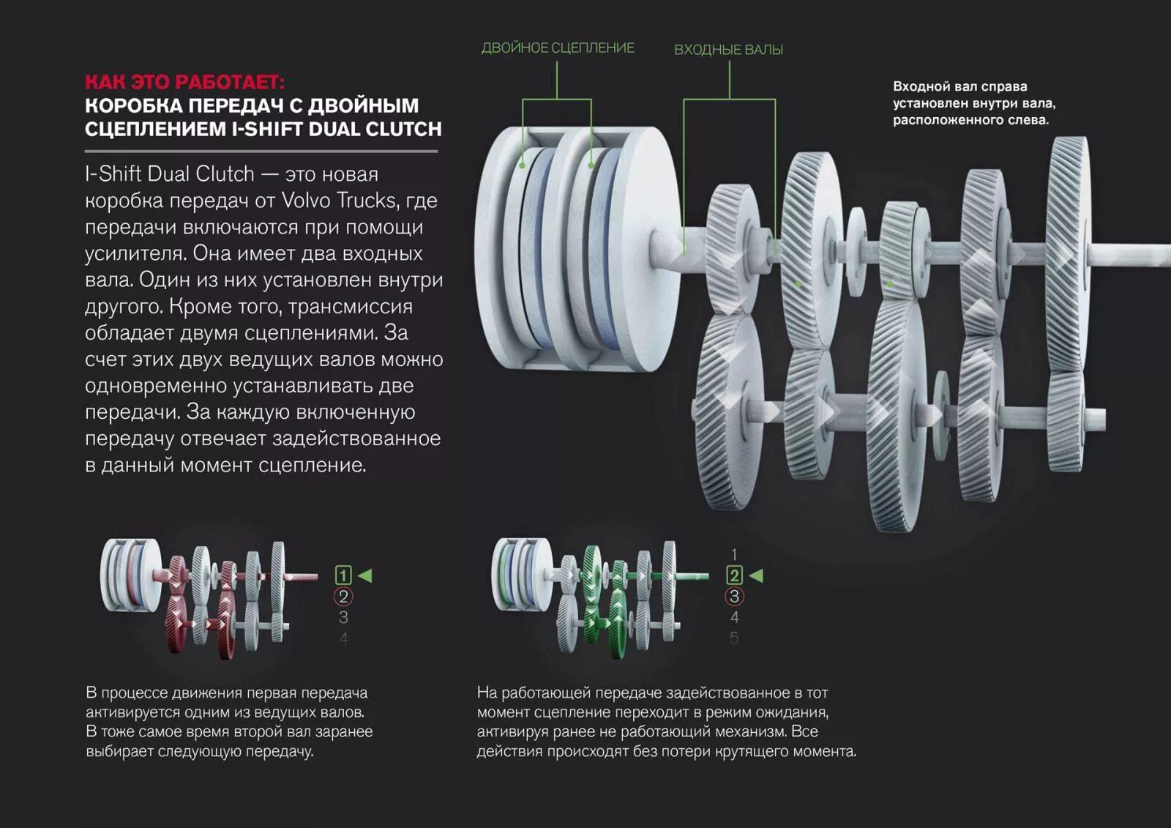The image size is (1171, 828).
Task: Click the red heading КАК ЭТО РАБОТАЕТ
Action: pyautogui.click(x=184, y=81)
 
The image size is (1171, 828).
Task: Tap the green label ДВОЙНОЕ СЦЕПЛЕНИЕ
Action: pyautogui.click(x=557, y=48)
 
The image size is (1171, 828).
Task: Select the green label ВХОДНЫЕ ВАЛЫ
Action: pyautogui.click(x=728, y=50)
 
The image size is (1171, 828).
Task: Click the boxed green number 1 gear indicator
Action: pyautogui.click(x=343, y=575)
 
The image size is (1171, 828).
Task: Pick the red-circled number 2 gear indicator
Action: pyautogui.click(x=343, y=597)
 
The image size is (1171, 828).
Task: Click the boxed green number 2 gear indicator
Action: pyautogui.click(x=734, y=575)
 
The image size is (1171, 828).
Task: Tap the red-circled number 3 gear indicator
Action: pyautogui.click(x=734, y=597)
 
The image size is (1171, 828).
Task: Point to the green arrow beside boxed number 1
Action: pyautogui.click(x=364, y=575)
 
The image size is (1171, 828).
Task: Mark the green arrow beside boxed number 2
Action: pyautogui.click(x=756, y=575)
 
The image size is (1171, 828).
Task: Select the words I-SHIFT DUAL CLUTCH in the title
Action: pyautogui.click(x=337, y=129)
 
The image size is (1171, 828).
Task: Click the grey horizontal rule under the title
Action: pyautogui.click(x=261, y=152)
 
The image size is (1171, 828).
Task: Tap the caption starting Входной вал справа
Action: pyautogui.click(x=973, y=103)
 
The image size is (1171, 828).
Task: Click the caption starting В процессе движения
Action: pyautogui.click(x=229, y=721)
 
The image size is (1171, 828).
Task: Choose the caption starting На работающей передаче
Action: pyautogui.click(x=666, y=721)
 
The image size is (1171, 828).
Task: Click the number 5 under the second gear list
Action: pyautogui.click(x=734, y=638)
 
